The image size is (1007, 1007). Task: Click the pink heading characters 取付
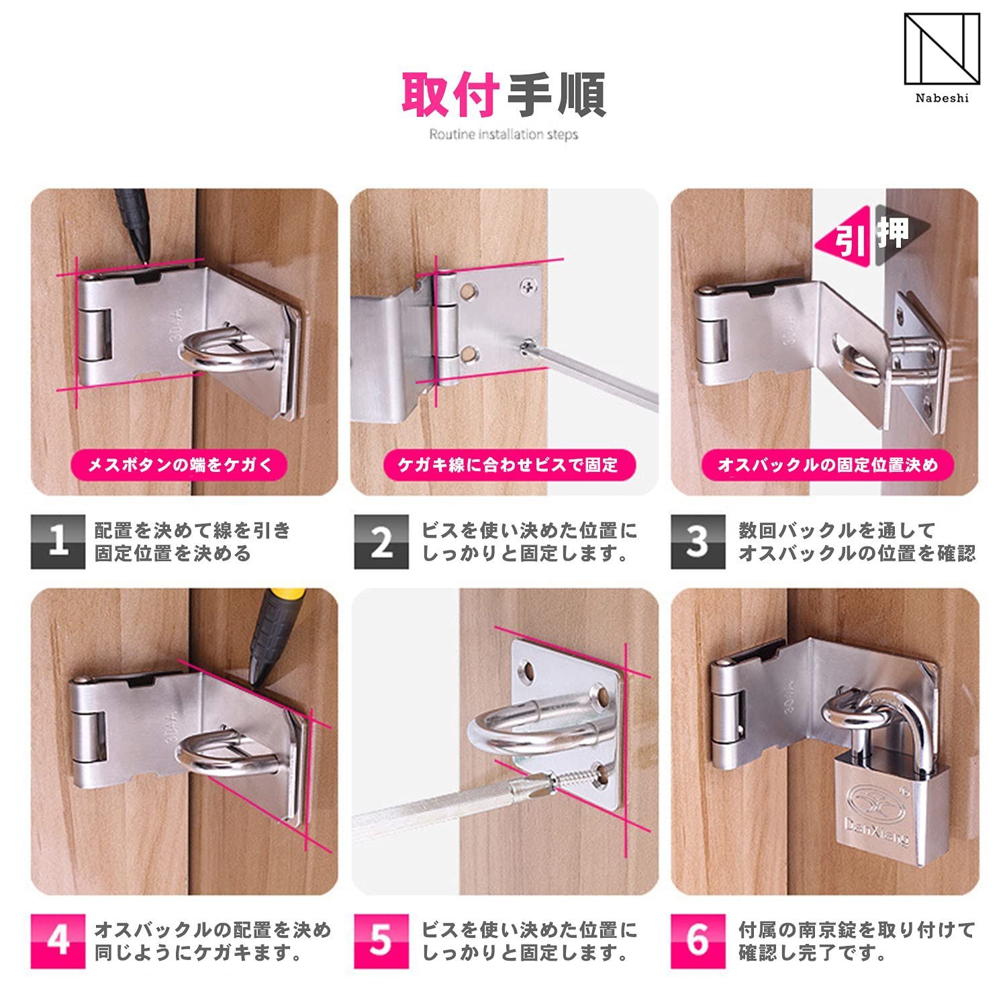pyautogui.click(x=451, y=95)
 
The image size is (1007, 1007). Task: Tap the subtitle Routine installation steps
pyautogui.click(x=503, y=134)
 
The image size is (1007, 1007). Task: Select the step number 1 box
pyautogui.click(x=58, y=542)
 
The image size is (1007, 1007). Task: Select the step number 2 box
pyautogui.click(x=381, y=542)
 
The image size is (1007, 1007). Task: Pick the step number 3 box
pyautogui.click(x=698, y=542)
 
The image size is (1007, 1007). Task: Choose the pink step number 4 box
pyautogui.click(x=58, y=941)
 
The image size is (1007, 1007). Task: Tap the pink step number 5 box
pyautogui.click(x=381, y=941)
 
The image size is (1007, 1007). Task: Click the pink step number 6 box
pyautogui.click(x=698, y=941)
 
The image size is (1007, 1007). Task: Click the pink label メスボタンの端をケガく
pyautogui.click(x=180, y=465)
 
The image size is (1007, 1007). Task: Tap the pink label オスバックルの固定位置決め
pyautogui.click(x=828, y=465)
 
